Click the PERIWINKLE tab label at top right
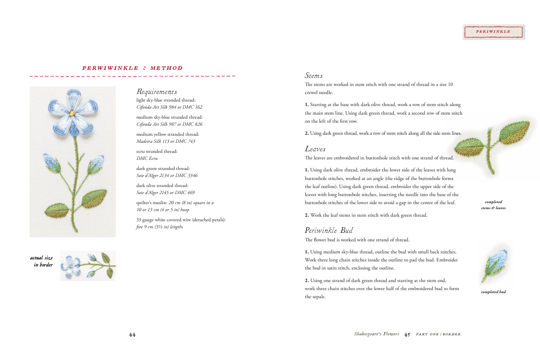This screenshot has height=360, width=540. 493,32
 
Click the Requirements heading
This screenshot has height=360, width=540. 156,92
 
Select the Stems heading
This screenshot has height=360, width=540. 314,75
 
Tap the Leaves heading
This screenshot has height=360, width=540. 315,149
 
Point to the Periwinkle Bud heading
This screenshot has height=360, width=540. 329,230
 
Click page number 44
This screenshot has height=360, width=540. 132,335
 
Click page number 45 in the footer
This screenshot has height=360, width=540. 407,334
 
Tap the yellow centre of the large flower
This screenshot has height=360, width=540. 72,113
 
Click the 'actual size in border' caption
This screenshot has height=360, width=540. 42,261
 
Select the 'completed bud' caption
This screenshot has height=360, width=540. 493,292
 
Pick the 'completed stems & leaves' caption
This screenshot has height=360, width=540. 493,205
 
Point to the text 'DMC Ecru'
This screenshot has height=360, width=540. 147,158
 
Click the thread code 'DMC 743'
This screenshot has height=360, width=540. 185,141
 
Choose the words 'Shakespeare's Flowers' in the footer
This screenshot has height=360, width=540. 376,334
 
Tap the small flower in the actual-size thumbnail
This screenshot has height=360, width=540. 70,265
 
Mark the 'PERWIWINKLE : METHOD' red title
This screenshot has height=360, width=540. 132,68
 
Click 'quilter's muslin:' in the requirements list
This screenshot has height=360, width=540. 151,203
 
